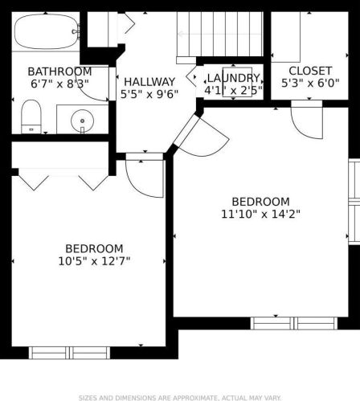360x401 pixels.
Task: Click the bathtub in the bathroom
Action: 47,31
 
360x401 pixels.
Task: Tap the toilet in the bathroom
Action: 31,117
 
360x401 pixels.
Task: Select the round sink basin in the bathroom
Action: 82,121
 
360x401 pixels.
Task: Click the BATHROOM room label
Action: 59,72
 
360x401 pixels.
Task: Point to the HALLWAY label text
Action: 149,82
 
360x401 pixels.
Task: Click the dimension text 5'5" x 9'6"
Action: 149,94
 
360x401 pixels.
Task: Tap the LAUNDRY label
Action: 233,78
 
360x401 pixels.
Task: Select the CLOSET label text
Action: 310,71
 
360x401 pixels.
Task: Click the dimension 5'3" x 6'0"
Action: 310,83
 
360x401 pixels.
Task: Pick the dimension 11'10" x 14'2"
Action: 260,214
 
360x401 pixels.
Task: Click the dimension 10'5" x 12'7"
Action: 94,261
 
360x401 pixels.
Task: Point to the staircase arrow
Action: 219,34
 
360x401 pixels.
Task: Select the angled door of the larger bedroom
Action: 202,137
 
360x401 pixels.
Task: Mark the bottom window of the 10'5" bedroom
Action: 69,353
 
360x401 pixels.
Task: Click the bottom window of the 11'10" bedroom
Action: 294,323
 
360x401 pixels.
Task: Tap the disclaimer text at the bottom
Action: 180,398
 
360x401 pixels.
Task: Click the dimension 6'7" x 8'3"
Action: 59,84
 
